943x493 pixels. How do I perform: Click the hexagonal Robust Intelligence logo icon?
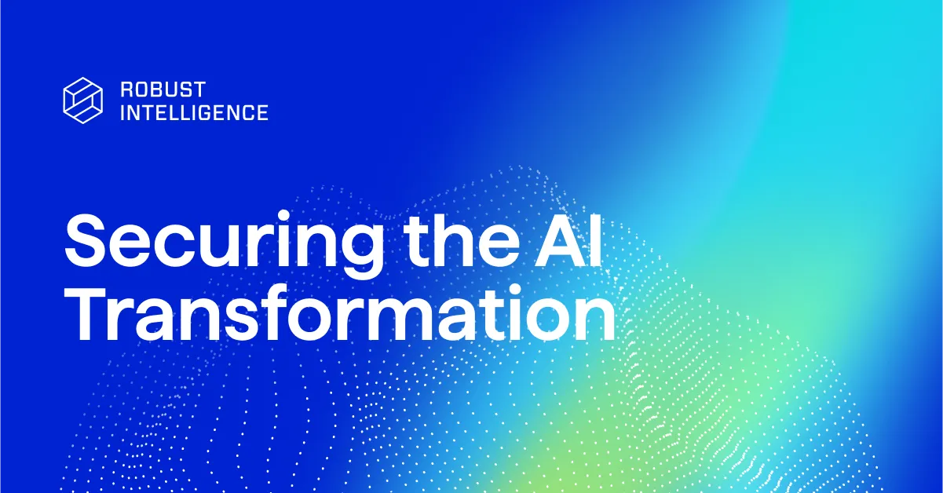[x=82, y=100]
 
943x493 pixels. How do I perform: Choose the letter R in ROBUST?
[x=126, y=89]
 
